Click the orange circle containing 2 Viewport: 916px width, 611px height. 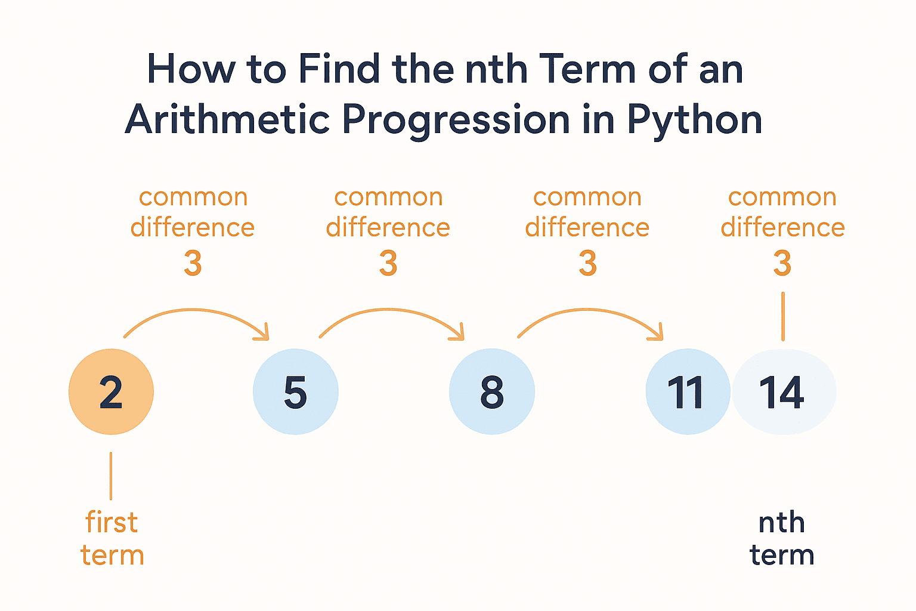[112, 391]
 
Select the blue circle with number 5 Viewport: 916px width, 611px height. [296, 391]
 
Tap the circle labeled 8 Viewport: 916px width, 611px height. [492, 391]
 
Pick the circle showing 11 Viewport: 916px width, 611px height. [688, 391]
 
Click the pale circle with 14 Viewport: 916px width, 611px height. [784, 391]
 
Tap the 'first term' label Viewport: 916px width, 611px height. [112, 538]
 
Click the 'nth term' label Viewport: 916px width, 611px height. [782, 538]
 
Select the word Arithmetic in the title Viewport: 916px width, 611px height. [227, 119]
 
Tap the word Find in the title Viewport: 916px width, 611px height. [339, 69]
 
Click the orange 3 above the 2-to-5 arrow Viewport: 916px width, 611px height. [193, 263]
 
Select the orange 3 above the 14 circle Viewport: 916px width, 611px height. [782, 263]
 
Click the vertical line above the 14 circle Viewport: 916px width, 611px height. [783, 316]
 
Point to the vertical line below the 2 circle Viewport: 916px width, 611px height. [111, 476]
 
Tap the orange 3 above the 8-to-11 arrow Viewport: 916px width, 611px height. [587, 263]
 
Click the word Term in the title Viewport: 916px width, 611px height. [587, 69]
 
